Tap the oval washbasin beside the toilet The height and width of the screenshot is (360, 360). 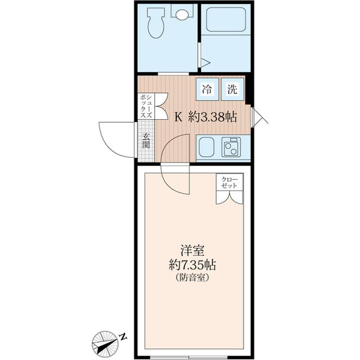coord(182,15)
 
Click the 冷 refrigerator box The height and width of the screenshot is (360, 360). coord(207,88)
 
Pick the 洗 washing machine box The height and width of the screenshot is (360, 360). coord(232,88)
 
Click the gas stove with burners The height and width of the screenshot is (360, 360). coord(231,147)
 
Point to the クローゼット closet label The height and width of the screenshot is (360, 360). coord(229,182)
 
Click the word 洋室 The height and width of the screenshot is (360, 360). coord(191,249)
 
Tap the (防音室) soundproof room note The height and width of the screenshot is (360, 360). coord(192,277)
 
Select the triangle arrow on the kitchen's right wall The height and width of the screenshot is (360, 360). coord(258,116)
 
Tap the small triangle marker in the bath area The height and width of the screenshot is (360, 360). coord(205,62)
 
